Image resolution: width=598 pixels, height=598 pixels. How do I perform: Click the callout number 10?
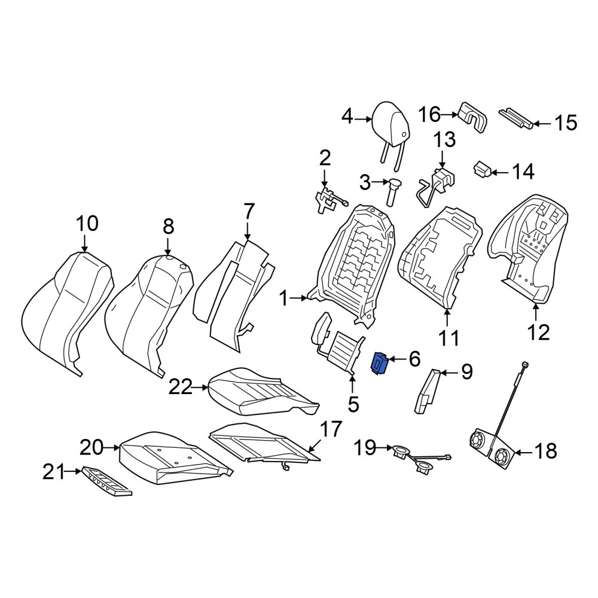tap(87, 224)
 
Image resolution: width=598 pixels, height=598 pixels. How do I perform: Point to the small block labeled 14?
tap(482, 169)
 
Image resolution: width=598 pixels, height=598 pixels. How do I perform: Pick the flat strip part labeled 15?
tap(516, 118)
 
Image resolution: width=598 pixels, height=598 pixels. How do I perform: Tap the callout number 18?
tap(546, 451)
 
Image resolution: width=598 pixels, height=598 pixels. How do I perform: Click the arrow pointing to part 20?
tap(112, 448)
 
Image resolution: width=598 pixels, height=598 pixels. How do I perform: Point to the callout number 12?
tap(539, 332)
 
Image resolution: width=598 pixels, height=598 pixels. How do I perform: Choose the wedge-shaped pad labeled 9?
tap(427, 391)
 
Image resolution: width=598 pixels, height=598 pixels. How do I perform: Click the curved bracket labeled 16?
tap(472, 118)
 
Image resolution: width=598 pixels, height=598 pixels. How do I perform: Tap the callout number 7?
tap(248, 211)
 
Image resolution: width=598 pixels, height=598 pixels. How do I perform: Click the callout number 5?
tap(353, 404)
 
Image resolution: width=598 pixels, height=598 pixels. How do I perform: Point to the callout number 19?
tap(365, 447)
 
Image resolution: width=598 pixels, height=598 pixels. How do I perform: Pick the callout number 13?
tap(446, 139)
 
